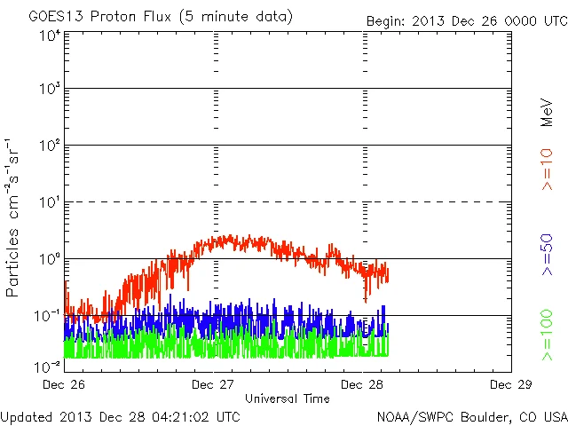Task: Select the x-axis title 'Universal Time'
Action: pyautogui.click(x=288, y=398)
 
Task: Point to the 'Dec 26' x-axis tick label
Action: pyautogui.click(x=64, y=384)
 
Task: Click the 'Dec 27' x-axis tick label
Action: pyautogui.click(x=214, y=384)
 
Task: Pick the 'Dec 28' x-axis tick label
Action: pyautogui.click(x=363, y=384)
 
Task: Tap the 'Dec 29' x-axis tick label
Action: pyautogui.click(x=511, y=384)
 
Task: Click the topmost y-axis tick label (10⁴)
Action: pyautogui.click(x=49, y=35)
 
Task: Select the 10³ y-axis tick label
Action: pyautogui.click(x=49, y=90)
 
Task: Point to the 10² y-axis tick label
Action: pyautogui.click(x=49, y=146)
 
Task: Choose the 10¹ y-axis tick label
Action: pyautogui.click(x=49, y=202)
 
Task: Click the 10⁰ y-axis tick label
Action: pyautogui.click(x=49, y=259)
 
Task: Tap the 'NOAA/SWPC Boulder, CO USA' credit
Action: pyautogui.click(x=471, y=416)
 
